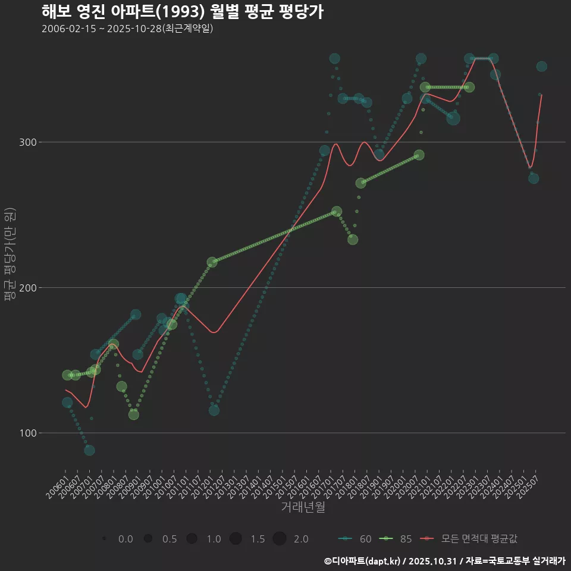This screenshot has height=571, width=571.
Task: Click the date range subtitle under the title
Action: coord(127,29)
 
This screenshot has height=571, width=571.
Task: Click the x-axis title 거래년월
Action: coord(303,507)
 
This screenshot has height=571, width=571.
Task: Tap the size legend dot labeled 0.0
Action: coord(104,539)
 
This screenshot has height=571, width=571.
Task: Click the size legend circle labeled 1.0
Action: coord(192,539)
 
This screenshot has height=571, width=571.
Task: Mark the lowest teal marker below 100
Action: coord(89,450)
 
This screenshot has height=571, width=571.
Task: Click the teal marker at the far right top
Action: coord(541,67)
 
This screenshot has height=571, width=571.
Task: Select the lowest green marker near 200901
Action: coord(134,415)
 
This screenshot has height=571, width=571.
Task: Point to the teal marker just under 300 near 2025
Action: coord(534,178)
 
